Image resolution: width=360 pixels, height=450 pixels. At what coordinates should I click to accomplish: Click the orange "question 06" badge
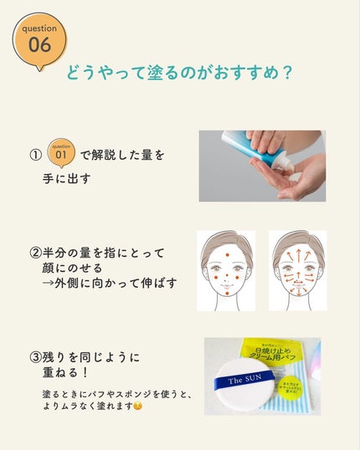pyautogui.click(x=39, y=37)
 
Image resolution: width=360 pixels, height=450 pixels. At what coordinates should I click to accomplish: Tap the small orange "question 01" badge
pyautogui.click(x=61, y=152)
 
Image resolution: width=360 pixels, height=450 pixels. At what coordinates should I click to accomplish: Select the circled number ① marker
pyautogui.click(x=34, y=155)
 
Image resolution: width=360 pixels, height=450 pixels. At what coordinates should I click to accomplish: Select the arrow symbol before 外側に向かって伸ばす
pyautogui.click(x=49, y=284)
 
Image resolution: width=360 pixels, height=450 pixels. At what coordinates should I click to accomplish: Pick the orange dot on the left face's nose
pyautogui.click(x=226, y=273)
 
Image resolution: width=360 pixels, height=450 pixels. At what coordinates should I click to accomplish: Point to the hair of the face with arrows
pyautogui.click(x=297, y=238)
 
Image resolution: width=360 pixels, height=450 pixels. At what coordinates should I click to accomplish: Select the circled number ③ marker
pyautogui.click(x=35, y=357)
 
